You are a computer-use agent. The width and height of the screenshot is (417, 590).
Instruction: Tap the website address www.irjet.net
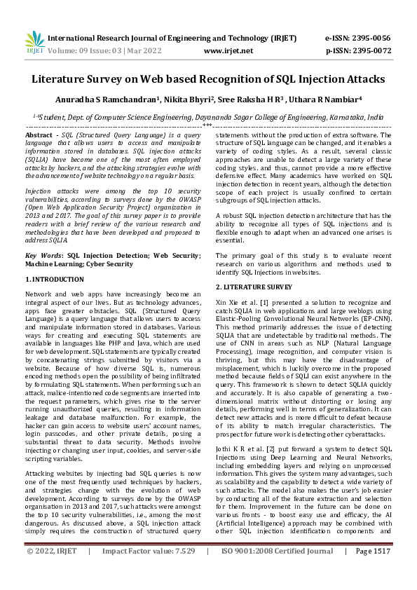pyautogui.click(x=228, y=51)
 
